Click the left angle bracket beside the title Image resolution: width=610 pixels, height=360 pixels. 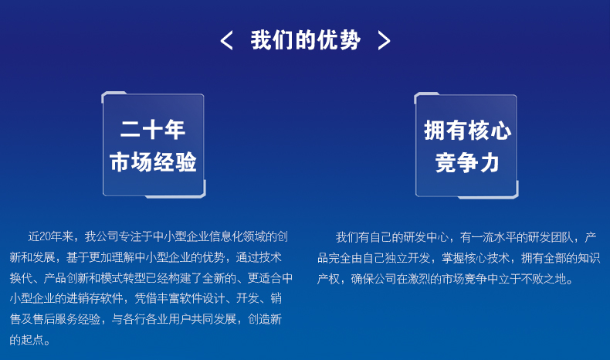(226, 40)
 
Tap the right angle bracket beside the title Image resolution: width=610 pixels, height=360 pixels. (384, 40)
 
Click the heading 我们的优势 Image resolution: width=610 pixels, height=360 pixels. (306, 40)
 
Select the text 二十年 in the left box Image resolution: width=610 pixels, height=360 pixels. (153, 130)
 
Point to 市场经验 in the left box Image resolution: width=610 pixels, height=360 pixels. (153, 162)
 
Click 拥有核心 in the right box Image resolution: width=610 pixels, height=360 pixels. (467, 131)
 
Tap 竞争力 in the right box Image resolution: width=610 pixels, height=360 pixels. (467, 163)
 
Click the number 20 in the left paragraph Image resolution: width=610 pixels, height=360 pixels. (45, 236)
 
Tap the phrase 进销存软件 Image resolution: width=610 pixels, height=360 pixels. (94, 298)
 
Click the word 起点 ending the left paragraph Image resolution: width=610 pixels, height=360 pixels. (32, 340)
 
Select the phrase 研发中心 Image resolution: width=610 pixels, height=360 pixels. (426, 237)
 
